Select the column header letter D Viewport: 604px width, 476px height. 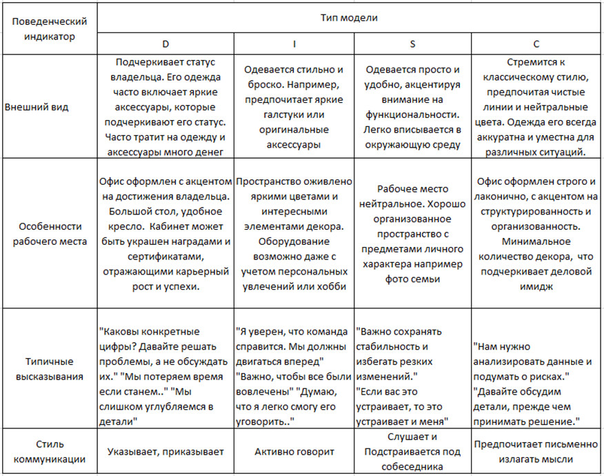pos(165,44)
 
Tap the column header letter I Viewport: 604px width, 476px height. pos(294,44)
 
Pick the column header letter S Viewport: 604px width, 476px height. pos(412,44)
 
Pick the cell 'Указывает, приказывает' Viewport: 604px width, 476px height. pos(165,451)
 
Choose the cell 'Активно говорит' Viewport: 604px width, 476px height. pos(294,451)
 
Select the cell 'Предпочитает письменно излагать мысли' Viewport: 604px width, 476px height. pos(536,451)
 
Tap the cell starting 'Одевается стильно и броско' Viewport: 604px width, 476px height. pos(294,107)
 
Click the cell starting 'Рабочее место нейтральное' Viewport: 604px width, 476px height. pos(412,233)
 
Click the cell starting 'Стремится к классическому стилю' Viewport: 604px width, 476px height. pos(536,107)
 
